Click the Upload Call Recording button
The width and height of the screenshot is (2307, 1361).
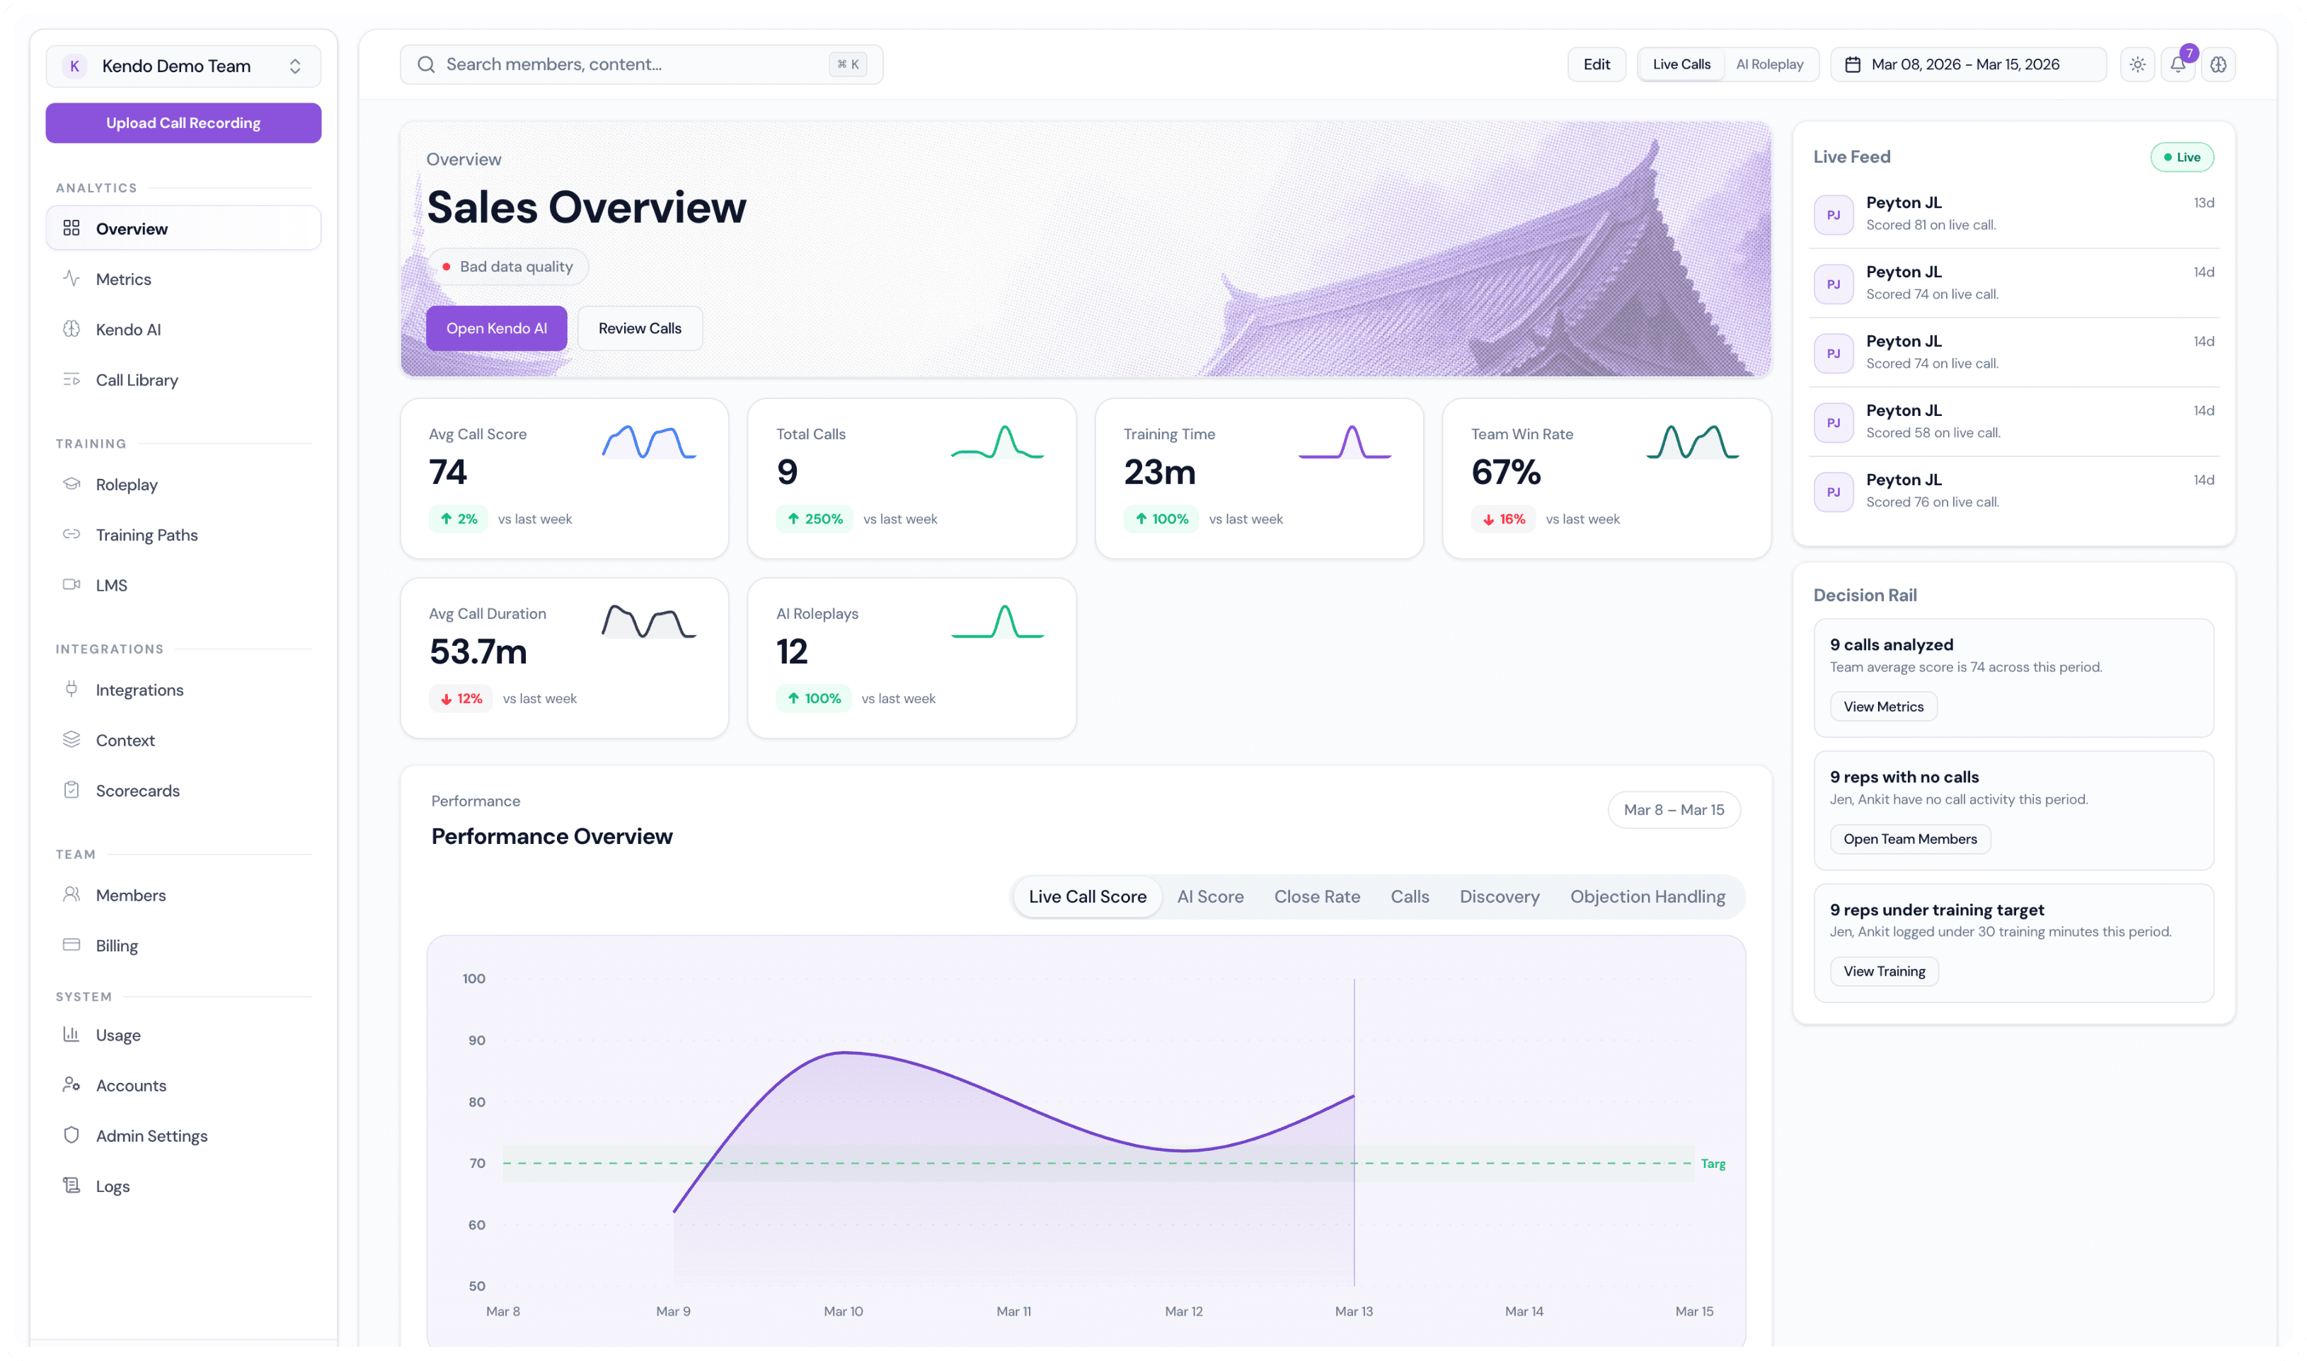point(183,123)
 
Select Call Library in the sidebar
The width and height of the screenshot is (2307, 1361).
point(137,381)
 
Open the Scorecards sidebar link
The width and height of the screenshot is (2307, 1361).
point(137,792)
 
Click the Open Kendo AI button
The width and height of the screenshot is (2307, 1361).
point(496,329)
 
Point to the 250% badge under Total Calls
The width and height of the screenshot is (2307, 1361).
point(815,520)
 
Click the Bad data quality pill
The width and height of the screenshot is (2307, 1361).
point(508,267)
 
